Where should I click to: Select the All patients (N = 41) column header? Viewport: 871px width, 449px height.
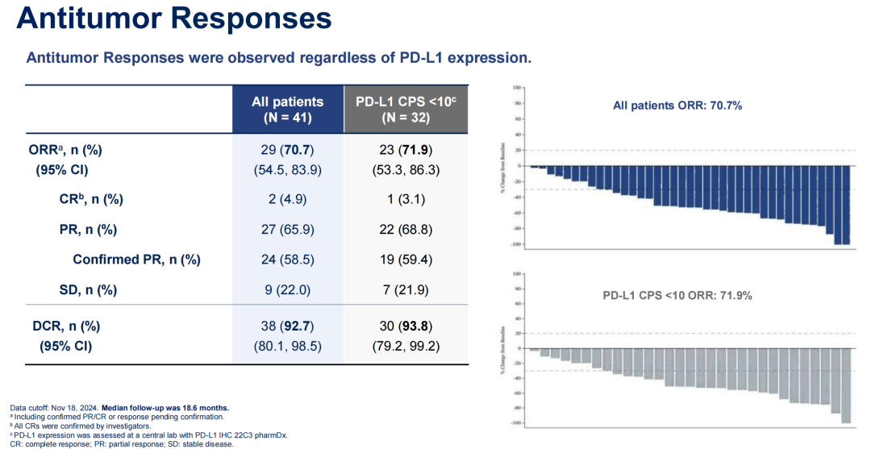click(287, 109)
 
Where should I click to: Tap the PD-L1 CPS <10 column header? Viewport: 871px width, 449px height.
click(406, 109)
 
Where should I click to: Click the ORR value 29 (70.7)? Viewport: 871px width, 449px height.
click(287, 150)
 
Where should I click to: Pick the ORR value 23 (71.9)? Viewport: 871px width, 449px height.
click(406, 150)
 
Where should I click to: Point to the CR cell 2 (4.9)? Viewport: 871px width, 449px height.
click(287, 199)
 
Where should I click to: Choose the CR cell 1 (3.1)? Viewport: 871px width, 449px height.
click(406, 199)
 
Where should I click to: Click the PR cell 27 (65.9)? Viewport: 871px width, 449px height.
click(287, 230)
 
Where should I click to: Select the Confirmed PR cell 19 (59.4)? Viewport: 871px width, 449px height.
click(406, 260)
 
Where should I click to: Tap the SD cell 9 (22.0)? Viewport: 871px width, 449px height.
click(287, 289)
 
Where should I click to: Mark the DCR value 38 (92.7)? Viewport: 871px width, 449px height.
click(287, 327)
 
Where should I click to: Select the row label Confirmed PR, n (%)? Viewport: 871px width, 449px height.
click(136, 260)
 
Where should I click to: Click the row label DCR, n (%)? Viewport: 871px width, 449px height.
click(66, 327)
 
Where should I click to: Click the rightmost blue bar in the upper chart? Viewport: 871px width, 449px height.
click(846, 205)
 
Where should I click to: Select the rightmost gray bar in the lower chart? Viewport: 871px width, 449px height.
click(846, 385)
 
